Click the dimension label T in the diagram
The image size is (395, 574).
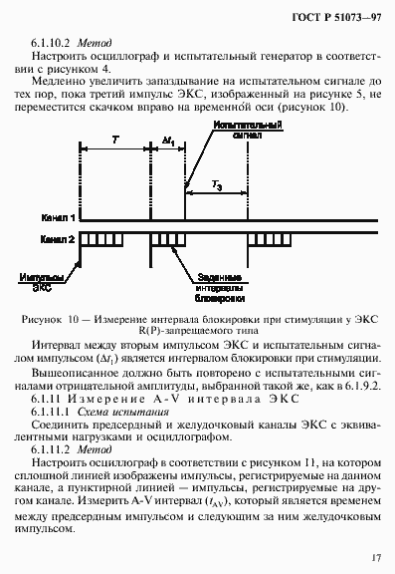click(x=115, y=143)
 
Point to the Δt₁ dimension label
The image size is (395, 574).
click(x=167, y=143)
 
